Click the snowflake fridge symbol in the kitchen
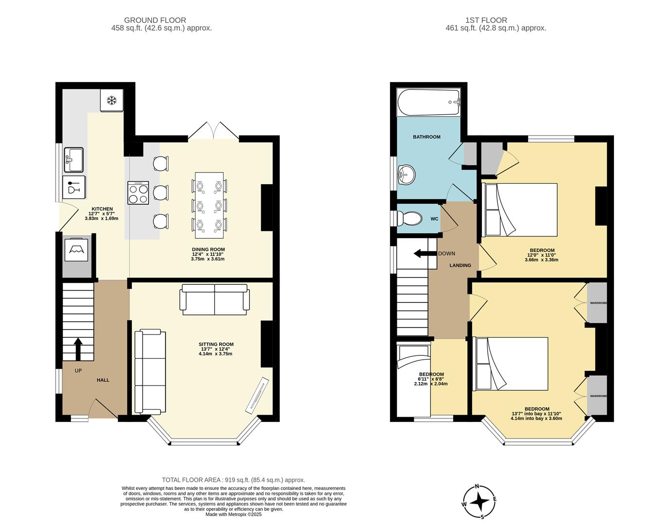click(112, 101)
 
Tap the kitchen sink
click(73, 160)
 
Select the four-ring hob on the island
click(138, 193)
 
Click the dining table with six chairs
click(210, 205)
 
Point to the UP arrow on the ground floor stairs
click(78, 348)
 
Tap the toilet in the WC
click(409, 219)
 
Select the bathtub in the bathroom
click(428, 102)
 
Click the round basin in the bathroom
click(406, 174)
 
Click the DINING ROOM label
click(208, 249)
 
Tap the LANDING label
click(460, 265)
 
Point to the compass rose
click(480, 502)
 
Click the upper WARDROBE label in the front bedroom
click(598, 303)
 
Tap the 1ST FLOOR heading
click(486, 20)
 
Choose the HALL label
click(103, 380)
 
